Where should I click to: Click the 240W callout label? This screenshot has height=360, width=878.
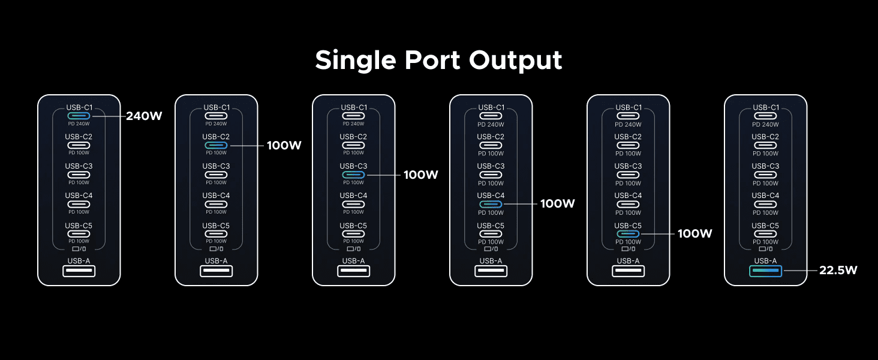[144, 116]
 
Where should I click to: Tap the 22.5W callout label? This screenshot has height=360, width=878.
[838, 271]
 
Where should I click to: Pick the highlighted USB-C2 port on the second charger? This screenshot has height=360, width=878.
[216, 146]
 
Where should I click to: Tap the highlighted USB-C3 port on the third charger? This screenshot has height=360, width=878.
[353, 175]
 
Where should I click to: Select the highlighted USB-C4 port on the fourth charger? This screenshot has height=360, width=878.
[491, 204]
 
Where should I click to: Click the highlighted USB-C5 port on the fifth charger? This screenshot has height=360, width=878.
[628, 233]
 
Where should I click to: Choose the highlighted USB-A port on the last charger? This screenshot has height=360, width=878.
[765, 271]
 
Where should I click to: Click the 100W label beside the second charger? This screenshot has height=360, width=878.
[284, 146]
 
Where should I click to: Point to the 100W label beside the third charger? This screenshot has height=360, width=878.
[421, 175]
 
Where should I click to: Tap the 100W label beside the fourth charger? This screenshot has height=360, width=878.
[558, 204]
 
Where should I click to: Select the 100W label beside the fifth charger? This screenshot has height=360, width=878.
[695, 233]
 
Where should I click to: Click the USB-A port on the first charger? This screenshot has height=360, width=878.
[79, 271]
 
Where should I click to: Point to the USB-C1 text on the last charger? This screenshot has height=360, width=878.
[765, 107]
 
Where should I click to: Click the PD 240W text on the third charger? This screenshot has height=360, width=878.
[353, 124]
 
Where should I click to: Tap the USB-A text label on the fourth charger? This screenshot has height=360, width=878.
[491, 260]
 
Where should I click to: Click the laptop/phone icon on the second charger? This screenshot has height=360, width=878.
[216, 248]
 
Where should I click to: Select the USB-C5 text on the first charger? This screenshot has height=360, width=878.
[79, 225]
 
